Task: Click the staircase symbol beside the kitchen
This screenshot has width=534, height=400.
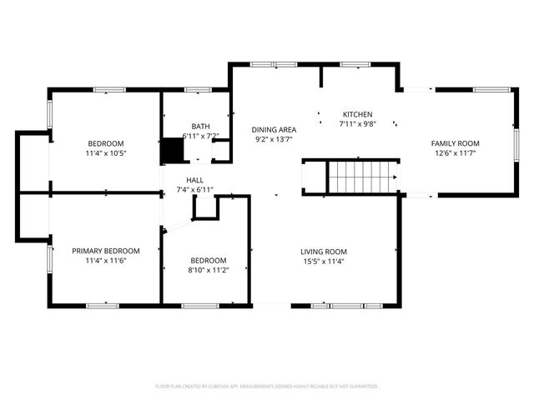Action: [360, 177]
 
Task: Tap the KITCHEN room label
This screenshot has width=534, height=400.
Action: [357, 114]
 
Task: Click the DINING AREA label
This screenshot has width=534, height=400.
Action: [274, 129]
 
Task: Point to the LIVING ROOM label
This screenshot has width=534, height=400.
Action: [324, 252]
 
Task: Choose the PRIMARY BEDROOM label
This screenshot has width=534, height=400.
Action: [105, 251]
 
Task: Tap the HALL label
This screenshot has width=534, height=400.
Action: [194, 180]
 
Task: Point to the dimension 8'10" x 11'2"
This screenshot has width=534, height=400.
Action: [208, 270]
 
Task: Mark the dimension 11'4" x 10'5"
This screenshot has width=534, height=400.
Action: [105, 152]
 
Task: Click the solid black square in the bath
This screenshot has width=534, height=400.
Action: [173, 150]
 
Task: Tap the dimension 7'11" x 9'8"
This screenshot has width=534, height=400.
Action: [357, 123]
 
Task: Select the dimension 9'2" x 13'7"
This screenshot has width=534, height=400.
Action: [274, 139]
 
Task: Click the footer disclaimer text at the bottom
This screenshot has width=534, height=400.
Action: [267, 386]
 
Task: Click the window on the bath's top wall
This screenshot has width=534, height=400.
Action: [197, 89]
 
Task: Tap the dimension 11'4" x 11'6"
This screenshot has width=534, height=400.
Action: [105, 260]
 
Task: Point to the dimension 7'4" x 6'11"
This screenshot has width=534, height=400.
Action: [194, 190]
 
